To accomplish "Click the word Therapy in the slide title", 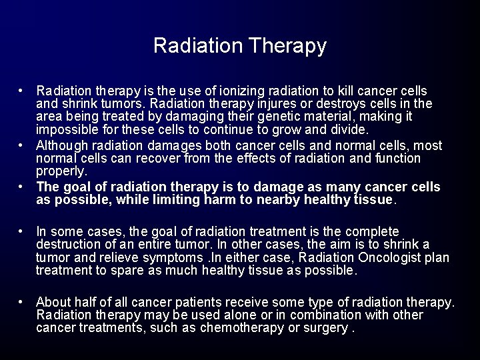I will [287, 45].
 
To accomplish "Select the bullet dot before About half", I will [23, 302].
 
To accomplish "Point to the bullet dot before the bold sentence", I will [23, 187].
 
